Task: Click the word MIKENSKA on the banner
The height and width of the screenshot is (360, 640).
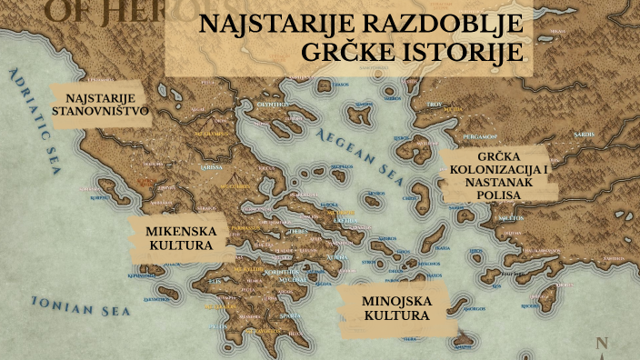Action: coord(179,231)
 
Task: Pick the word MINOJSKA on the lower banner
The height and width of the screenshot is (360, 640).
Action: coord(396,301)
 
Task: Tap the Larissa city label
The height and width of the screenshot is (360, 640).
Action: coord(211,168)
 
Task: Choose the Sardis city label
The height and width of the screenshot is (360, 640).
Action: coord(585,133)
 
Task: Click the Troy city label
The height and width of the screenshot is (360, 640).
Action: coord(434,105)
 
